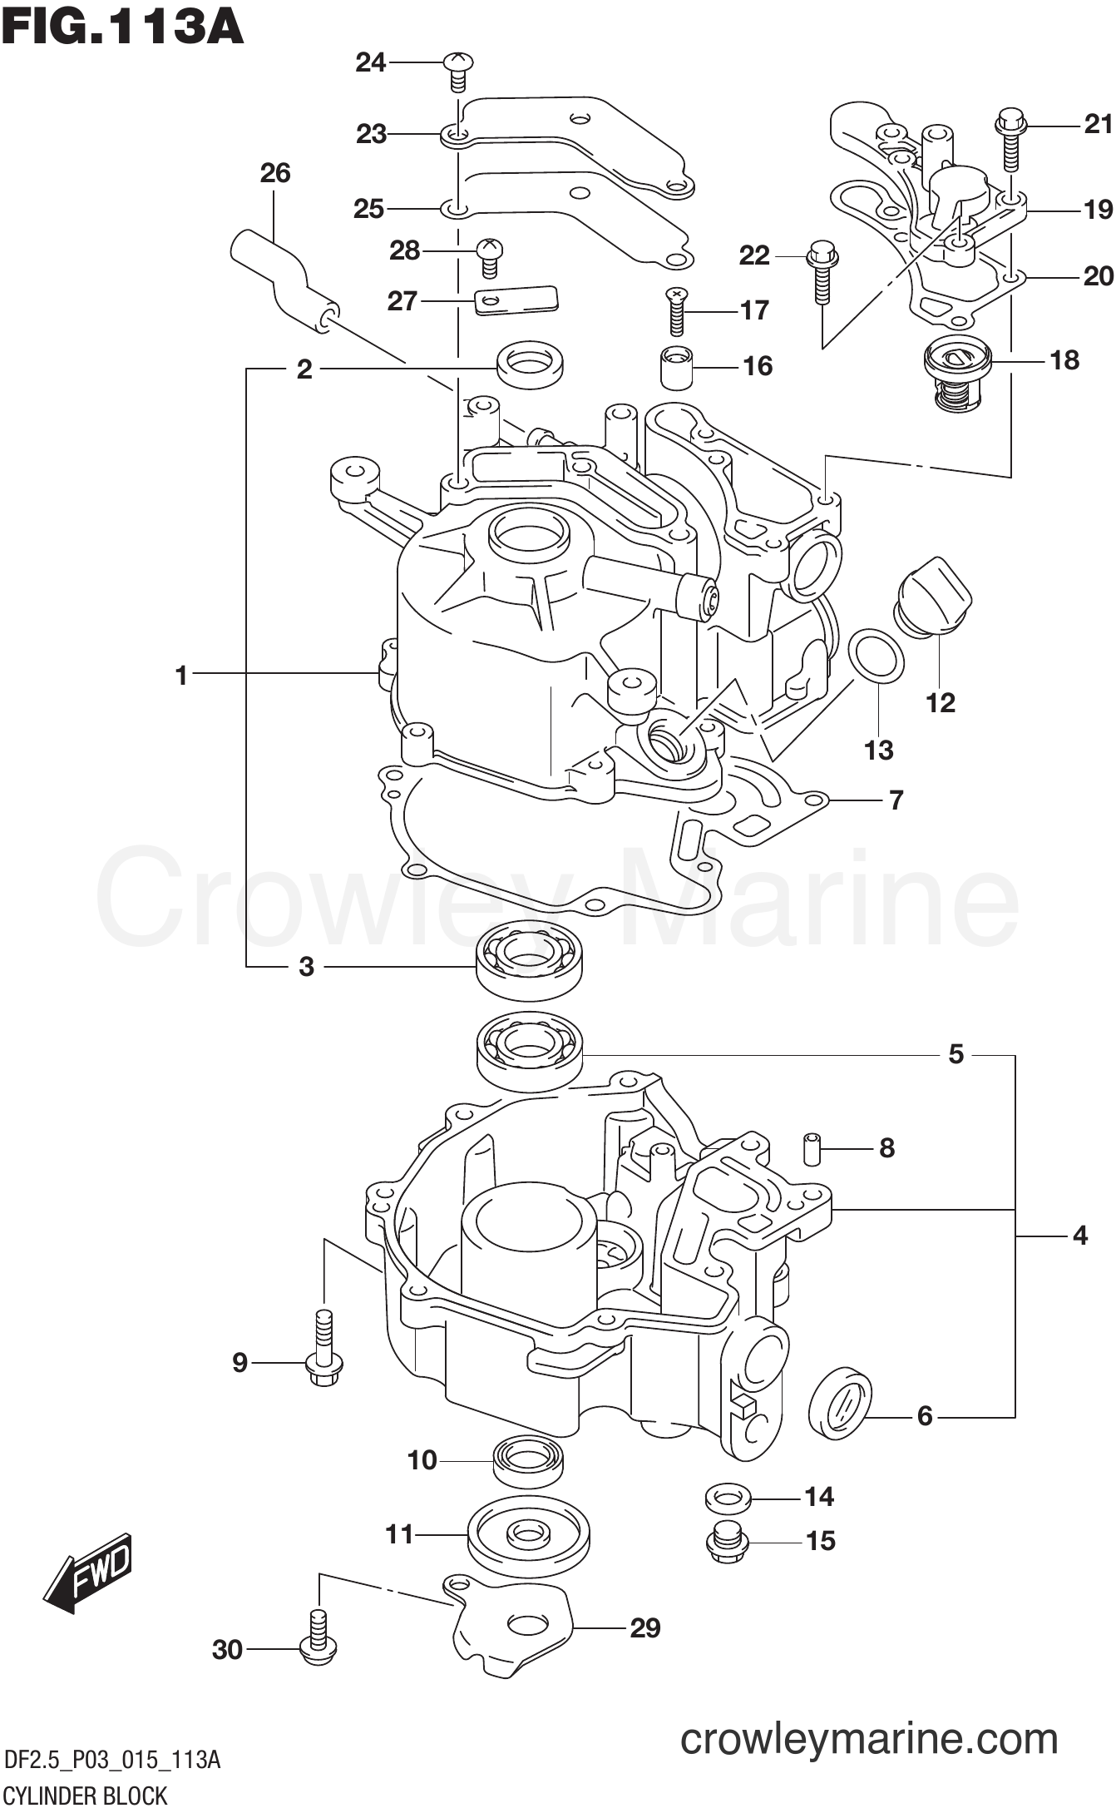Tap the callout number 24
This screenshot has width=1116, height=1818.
[x=371, y=62]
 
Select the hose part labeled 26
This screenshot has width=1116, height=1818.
[x=283, y=279]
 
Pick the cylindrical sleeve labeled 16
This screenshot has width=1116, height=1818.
[x=676, y=367]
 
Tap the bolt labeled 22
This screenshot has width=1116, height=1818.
[x=822, y=270]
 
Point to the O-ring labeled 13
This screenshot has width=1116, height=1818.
[x=877, y=655]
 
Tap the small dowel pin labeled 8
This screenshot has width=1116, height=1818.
[x=813, y=1148]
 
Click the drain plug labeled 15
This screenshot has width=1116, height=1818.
[x=727, y=1543]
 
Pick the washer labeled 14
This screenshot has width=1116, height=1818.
[x=728, y=1499]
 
